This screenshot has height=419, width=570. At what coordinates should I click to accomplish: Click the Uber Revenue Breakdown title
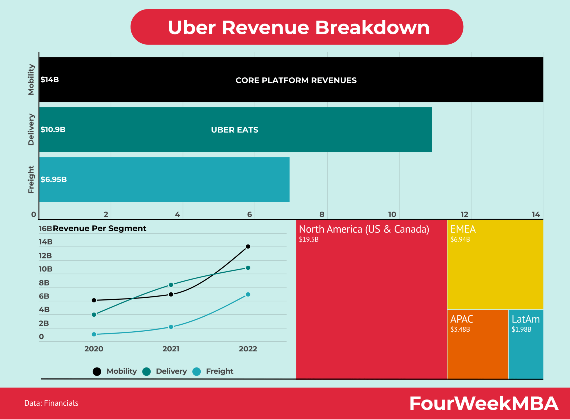tap(298, 27)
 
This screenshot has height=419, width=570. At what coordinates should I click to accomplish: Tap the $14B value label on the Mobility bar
tap(50, 80)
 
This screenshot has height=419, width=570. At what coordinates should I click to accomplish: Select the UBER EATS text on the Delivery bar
tap(234, 130)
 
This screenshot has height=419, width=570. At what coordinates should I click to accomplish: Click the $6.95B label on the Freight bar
tap(53, 179)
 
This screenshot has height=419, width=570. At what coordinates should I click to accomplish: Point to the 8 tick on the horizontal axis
tap(322, 215)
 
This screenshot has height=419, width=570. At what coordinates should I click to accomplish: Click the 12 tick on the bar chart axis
tap(464, 215)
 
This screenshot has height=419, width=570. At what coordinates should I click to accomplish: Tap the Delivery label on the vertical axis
tap(31, 129)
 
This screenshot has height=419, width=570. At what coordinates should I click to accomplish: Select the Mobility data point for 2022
tap(248, 247)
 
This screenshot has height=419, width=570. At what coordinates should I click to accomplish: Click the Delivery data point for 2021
tap(171, 285)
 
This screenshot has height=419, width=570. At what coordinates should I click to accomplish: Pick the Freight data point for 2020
tap(94, 334)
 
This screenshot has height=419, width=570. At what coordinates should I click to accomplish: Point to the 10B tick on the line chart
tap(45, 269)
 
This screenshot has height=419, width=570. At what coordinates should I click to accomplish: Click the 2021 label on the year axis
tap(171, 349)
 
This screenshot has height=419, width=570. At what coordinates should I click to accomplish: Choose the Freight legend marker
tap(196, 372)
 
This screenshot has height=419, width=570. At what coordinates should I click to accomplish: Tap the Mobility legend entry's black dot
tap(97, 372)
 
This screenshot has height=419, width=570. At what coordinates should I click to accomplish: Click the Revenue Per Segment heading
tap(99, 228)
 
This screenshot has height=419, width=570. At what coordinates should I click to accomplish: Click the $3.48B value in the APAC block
tap(460, 329)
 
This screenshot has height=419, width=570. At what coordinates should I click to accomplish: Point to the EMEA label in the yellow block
tap(463, 229)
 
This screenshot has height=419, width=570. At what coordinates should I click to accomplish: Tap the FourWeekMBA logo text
tap(484, 403)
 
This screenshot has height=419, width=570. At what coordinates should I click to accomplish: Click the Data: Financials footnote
tap(51, 403)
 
